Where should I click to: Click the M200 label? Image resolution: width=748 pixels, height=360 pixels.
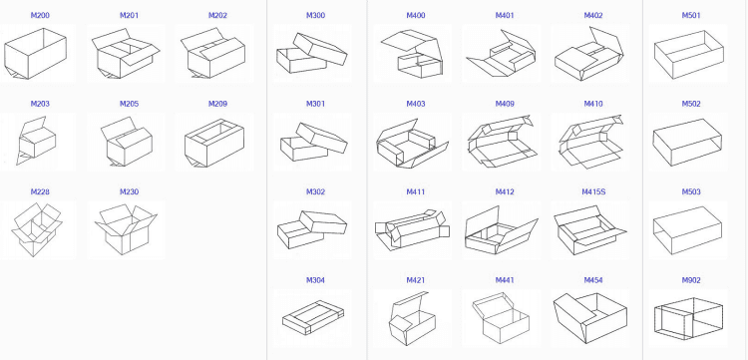click(x=40, y=16)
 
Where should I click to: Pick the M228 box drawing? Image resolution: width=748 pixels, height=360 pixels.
click(x=38, y=230)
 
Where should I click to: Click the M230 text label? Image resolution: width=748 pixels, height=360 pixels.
click(x=129, y=191)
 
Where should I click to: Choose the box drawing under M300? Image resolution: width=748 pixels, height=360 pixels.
click(x=314, y=54)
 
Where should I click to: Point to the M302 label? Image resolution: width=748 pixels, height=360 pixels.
click(x=315, y=191)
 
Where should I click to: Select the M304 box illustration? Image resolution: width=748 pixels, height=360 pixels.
click(x=314, y=318)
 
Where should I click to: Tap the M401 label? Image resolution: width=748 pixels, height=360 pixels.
click(x=505, y=16)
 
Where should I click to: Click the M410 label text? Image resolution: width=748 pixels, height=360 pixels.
click(x=593, y=104)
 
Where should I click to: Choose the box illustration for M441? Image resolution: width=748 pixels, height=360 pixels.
click(x=503, y=318)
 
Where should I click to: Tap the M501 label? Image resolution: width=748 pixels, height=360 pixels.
click(x=691, y=16)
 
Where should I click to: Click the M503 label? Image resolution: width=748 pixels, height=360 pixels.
click(x=691, y=191)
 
